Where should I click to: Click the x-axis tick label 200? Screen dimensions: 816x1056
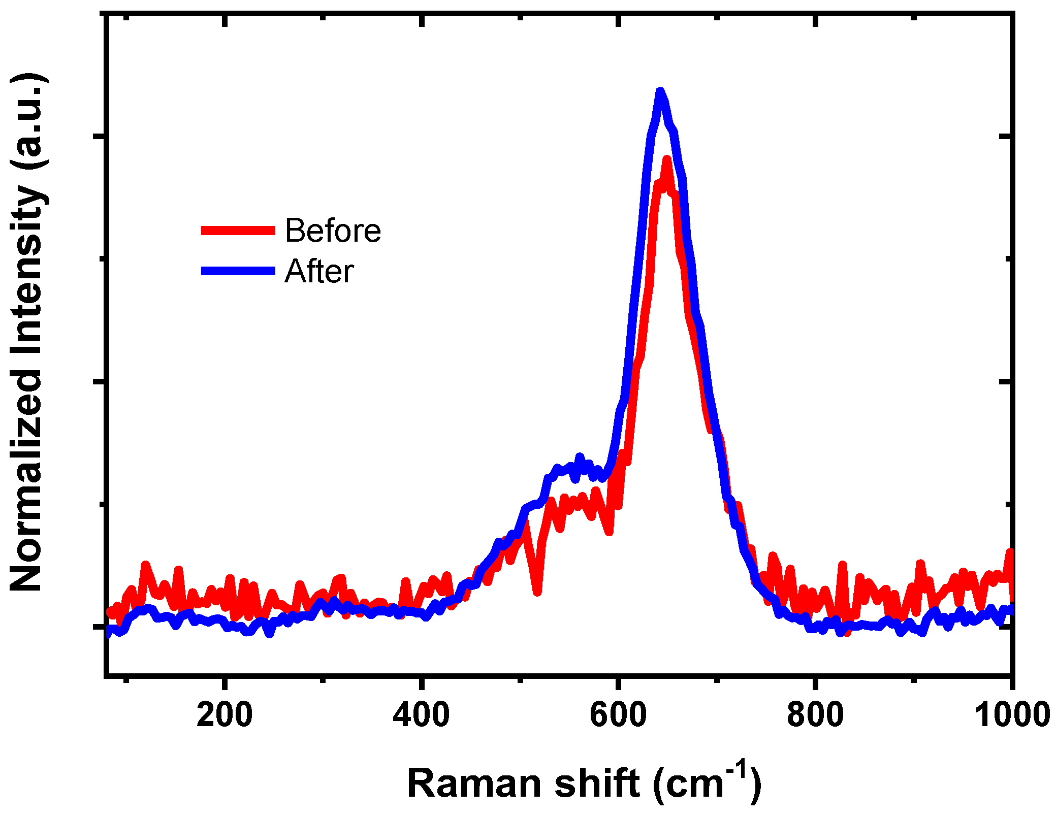(224, 715)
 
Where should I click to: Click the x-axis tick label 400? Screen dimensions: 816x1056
(421, 715)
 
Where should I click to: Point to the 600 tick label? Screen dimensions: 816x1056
(618, 715)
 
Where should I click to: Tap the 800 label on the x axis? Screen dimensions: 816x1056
(815, 715)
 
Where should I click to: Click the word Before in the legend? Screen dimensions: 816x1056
(333, 231)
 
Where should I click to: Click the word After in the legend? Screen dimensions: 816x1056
(319, 271)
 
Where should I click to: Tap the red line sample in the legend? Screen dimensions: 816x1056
(238, 231)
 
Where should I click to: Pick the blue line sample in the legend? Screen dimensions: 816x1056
(238, 271)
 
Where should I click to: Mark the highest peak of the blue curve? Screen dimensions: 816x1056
(660, 91)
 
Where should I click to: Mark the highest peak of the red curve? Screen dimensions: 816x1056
(667, 159)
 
